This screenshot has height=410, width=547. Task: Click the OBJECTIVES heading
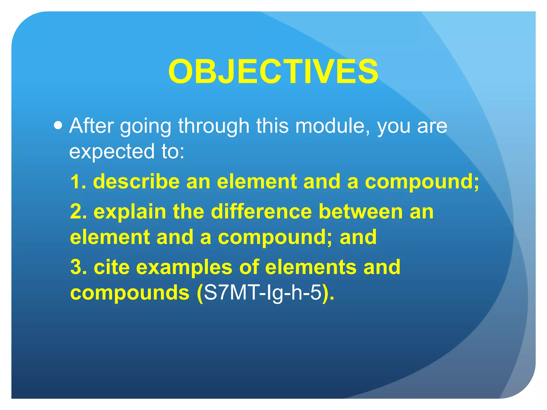click(273, 72)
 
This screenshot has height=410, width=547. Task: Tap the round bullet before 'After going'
click(58, 125)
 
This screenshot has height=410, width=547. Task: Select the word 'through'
click(214, 126)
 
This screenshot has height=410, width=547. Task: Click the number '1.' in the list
click(78, 182)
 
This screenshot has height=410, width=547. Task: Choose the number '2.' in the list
click(79, 212)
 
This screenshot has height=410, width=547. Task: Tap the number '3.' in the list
click(79, 267)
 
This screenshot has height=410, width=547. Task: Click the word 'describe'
click(136, 182)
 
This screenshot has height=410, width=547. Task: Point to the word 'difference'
click(261, 212)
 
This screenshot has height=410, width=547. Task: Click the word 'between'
click(361, 212)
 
